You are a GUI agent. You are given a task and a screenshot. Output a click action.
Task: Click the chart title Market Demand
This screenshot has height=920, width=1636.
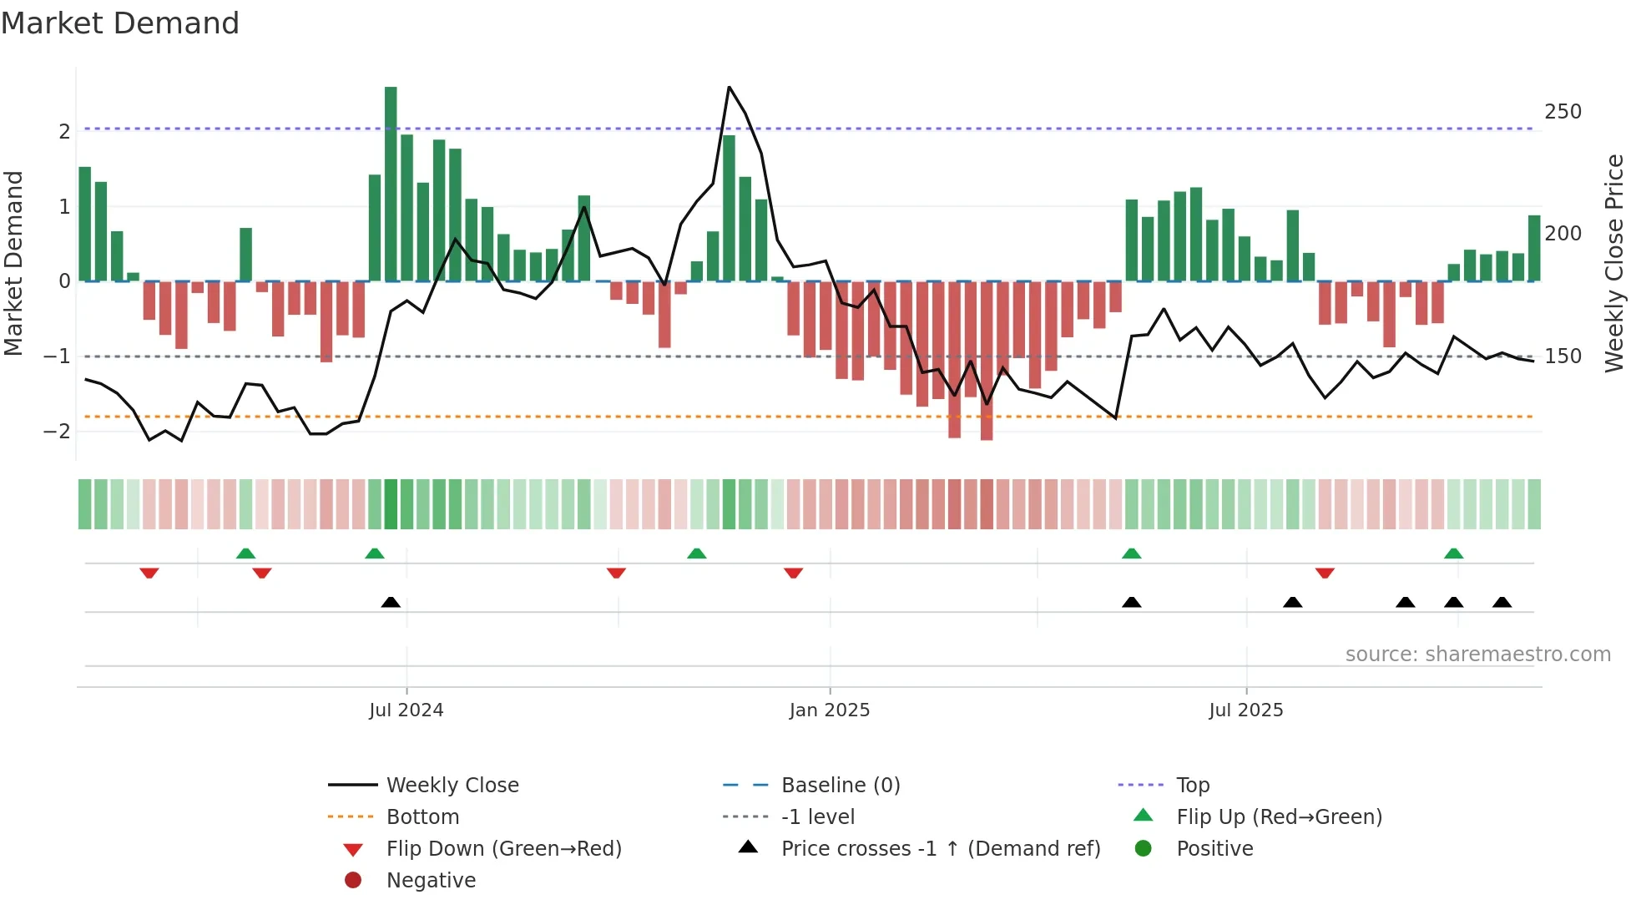(120, 23)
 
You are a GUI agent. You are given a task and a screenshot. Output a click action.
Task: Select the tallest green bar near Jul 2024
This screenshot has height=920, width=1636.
(391, 184)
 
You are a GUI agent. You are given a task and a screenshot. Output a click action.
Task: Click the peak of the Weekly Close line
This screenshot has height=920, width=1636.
(729, 87)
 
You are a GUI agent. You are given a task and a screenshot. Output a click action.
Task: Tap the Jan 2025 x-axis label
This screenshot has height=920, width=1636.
(829, 710)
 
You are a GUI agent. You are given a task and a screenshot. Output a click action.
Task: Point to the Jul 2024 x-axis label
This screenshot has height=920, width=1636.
(406, 710)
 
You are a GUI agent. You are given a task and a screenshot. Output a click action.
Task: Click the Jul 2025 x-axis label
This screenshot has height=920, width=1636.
(1245, 710)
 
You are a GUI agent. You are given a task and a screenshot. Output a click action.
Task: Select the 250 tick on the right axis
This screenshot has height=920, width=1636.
(1563, 112)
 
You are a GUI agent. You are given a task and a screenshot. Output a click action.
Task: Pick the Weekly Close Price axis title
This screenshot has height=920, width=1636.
(1614, 263)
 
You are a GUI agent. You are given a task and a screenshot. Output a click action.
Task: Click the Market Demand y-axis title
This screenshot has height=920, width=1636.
(13, 263)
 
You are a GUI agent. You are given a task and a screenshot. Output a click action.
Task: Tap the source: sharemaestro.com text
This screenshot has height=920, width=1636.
(1477, 655)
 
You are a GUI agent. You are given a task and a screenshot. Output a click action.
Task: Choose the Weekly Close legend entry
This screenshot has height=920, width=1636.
(452, 786)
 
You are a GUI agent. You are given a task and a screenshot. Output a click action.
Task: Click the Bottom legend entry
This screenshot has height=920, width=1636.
(422, 817)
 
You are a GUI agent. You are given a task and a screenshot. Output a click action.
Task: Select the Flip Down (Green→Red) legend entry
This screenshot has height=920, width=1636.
(503, 849)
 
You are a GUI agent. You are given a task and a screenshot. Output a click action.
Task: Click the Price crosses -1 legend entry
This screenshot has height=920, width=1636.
(940, 849)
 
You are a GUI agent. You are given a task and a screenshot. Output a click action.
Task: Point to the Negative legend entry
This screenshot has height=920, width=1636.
(431, 881)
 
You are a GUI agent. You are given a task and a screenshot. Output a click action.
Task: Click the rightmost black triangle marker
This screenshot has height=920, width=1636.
(1502, 603)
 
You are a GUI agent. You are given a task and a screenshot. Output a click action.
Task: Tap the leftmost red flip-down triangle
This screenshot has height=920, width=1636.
(149, 573)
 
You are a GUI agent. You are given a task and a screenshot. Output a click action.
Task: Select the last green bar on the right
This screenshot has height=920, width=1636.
(1534, 248)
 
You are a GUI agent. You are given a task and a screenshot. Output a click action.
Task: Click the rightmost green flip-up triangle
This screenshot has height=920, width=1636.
(1453, 554)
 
